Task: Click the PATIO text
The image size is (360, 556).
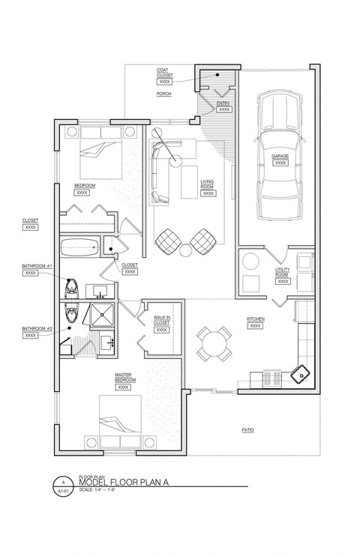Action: click(x=248, y=430)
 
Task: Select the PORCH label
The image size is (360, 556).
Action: click(x=164, y=94)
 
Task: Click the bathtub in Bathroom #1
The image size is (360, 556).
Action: click(x=79, y=246)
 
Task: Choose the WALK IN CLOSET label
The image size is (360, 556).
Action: click(x=163, y=320)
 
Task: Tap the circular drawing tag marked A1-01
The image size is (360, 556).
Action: click(x=64, y=485)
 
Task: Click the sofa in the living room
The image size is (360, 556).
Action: click(x=157, y=175)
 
